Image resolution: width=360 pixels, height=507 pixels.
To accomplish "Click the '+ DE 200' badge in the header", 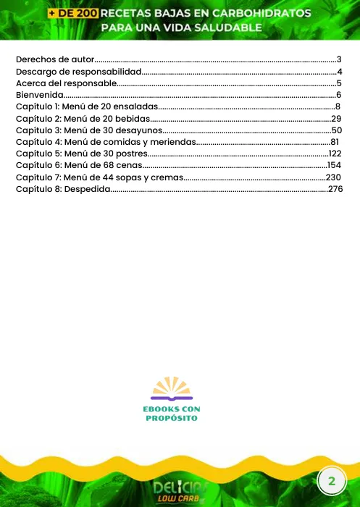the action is tap(72, 14).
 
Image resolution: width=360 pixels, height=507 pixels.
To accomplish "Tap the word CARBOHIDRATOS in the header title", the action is tap(267, 14).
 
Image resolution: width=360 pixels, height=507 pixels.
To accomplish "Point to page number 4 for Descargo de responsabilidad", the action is tap(339, 71).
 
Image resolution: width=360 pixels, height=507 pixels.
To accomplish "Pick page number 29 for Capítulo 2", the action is tap(336, 118).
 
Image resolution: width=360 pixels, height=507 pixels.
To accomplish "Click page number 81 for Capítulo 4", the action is tap(335, 141).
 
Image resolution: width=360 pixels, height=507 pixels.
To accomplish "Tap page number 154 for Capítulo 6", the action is tap(334, 165).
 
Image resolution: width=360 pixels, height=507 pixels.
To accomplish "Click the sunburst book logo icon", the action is tap(172, 389).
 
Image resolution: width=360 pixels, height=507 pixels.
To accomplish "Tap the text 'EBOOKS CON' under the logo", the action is tap(172, 409).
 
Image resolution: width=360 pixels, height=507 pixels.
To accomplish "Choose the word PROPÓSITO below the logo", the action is tap(172, 418).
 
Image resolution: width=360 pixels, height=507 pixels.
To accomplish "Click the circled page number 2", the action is tap(332, 481).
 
